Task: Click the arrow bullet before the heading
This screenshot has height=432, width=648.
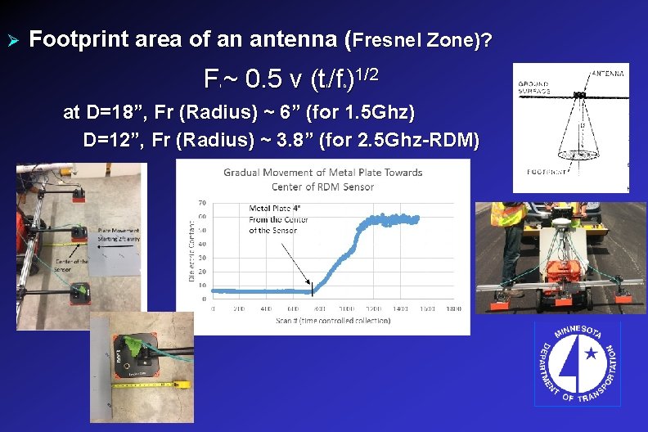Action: pos(12,38)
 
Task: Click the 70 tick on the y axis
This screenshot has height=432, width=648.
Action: pos(202,203)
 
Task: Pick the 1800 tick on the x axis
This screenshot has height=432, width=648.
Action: pos(454,309)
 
